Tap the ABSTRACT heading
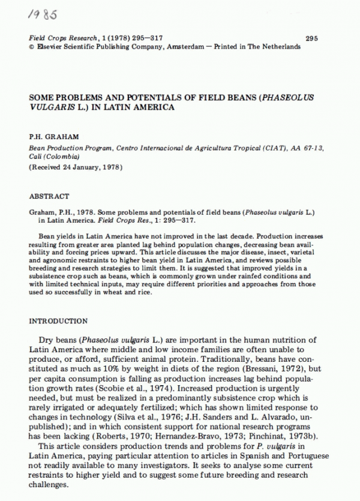(49, 196)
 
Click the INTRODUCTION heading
(58, 321)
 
